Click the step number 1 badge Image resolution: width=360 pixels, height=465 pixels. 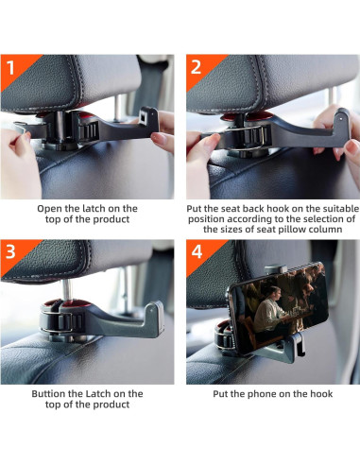click(10, 67)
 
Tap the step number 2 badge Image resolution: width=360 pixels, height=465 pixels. click(196, 67)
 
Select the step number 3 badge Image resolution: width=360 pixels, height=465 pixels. click(10, 251)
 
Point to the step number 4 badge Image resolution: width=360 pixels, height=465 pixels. click(197, 251)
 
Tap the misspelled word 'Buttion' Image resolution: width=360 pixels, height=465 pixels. click(48, 394)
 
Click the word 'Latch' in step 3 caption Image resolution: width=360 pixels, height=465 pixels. click(98, 394)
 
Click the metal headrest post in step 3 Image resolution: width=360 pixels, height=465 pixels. click(66, 290)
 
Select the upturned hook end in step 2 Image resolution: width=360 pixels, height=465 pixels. click(342, 119)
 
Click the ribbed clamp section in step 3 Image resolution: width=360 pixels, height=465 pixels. click(72, 322)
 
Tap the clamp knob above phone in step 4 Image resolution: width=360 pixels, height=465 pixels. click(275, 268)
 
